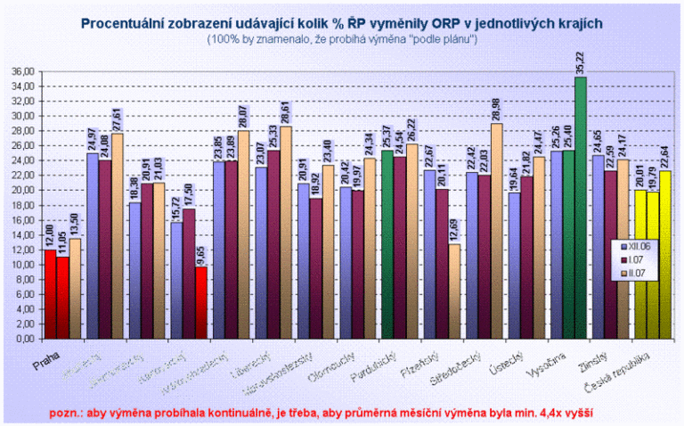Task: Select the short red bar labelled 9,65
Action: pos(201,303)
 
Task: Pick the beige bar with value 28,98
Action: pos(498,231)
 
